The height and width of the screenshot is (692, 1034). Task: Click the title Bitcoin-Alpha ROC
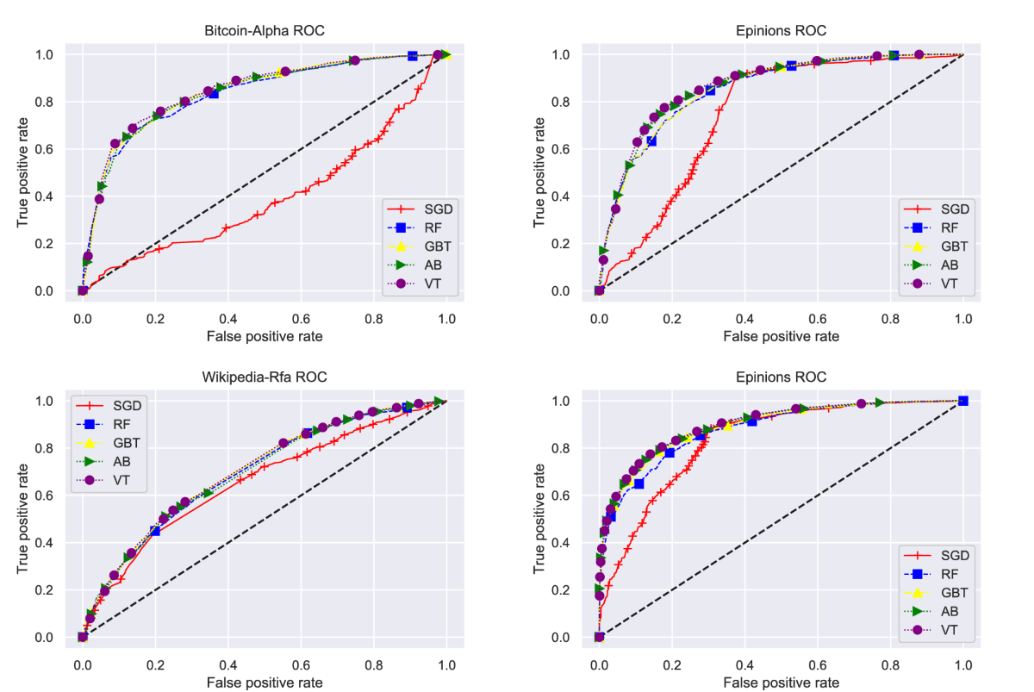pyautogui.click(x=264, y=31)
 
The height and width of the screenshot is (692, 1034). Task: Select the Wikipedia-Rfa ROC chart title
pyautogui.click(x=264, y=377)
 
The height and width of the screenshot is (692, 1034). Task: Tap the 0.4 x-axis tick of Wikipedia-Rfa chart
pyautogui.click(x=228, y=665)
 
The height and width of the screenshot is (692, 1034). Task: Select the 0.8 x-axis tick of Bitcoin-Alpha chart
pyautogui.click(x=374, y=319)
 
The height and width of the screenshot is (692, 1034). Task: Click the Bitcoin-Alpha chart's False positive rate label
pyautogui.click(x=264, y=336)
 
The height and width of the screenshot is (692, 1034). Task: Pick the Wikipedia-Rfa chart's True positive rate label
pyautogui.click(x=22, y=519)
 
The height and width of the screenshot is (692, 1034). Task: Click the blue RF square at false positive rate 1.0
pyautogui.click(x=962, y=401)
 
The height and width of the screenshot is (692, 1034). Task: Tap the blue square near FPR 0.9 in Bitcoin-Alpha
pyautogui.click(x=413, y=56)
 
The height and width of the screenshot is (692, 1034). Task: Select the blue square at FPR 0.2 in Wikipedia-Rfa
pyautogui.click(x=155, y=531)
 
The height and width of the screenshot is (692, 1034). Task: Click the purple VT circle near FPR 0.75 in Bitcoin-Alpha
pyautogui.click(x=354, y=60)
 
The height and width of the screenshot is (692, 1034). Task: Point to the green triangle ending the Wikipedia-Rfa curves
pyautogui.click(x=439, y=401)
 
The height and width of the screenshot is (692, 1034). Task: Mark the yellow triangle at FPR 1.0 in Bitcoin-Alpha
pyautogui.click(x=445, y=54)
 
